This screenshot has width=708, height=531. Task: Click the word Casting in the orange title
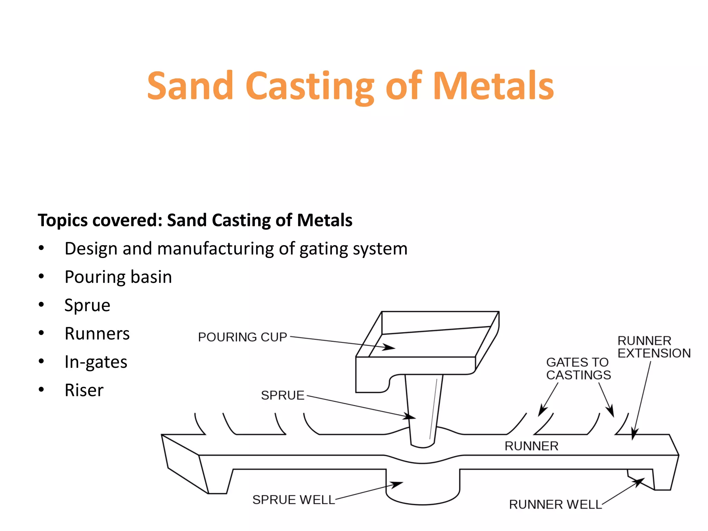(x=309, y=86)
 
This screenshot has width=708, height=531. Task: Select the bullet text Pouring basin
(x=118, y=277)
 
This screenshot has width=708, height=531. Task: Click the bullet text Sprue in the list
(x=87, y=305)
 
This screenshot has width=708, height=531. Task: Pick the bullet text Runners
(x=97, y=334)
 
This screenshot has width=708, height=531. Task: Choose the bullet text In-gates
(x=96, y=362)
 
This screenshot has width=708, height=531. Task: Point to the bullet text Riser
(x=84, y=390)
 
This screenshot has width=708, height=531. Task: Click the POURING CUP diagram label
(x=242, y=337)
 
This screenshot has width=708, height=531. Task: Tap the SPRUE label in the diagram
(x=282, y=395)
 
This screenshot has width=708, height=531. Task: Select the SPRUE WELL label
(x=294, y=500)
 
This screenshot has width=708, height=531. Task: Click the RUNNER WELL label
(x=555, y=504)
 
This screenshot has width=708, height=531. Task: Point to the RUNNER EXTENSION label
(x=654, y=347)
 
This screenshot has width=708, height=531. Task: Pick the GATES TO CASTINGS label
(x=578, y=369)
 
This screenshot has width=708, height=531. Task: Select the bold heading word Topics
(x=63, y=220)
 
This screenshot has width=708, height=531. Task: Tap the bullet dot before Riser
(x=41, y=390)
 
